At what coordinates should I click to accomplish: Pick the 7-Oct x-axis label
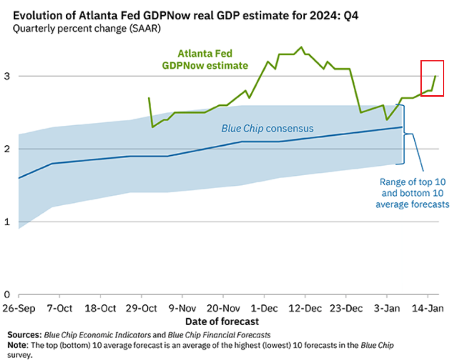point(60,308)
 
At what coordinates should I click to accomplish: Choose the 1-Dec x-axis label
point(264,308)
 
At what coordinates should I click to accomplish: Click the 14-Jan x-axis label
point(428,308)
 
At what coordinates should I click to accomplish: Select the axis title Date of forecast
point(222,321)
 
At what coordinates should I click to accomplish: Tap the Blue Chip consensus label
point(267,128)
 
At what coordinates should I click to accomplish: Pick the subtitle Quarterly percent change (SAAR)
point(87,29)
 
